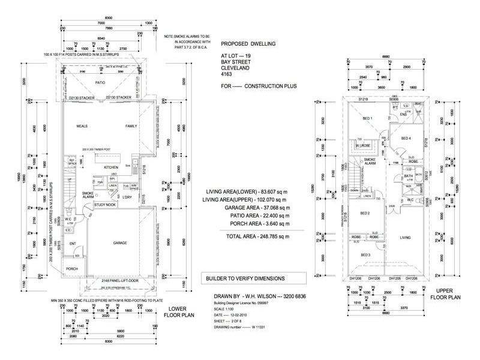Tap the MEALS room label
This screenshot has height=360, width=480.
point(83,127)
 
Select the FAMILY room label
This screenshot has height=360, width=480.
point(131,127)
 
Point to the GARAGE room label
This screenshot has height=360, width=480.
point(123,244)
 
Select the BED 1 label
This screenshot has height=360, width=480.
point(367,118)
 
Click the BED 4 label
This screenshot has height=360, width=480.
point(406,139)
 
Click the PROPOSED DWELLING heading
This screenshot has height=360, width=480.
point(246,44)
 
